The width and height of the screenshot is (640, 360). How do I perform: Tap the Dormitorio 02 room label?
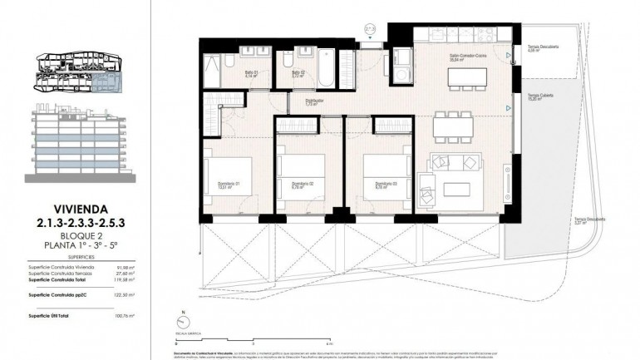(x=302, y=185)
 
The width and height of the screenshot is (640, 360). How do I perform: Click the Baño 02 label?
(x=297, y=73)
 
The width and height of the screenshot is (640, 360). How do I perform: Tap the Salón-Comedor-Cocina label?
(x=467, y=57)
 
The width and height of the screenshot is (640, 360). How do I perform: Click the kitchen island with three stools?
(x=467, y=77)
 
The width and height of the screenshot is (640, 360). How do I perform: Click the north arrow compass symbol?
(x=182, y=323)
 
